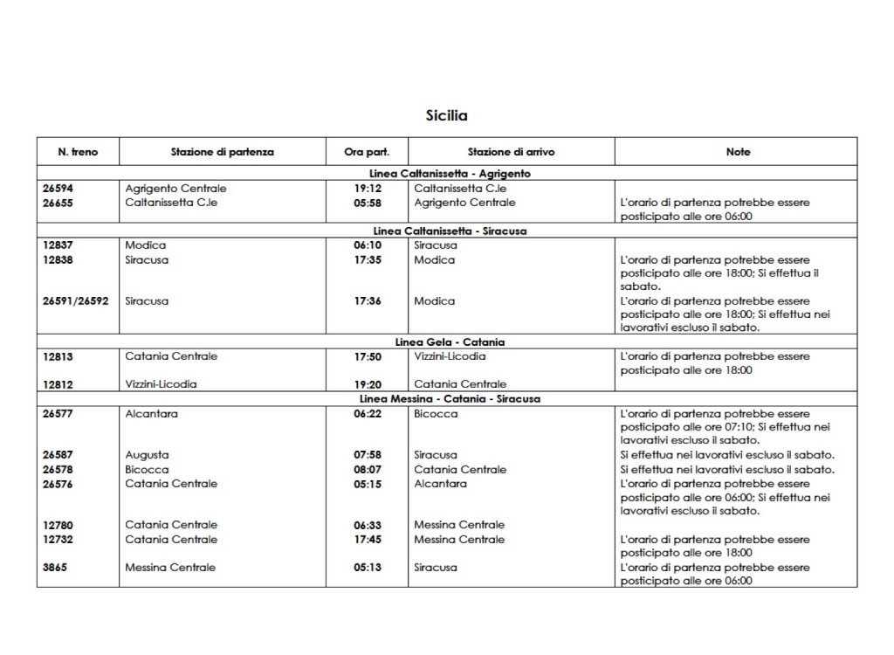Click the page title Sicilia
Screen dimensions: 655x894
(446, 115)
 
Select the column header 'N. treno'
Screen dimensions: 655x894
(78, 152)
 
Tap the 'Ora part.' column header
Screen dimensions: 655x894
(368, 152)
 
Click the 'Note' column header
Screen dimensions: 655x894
(738, 152)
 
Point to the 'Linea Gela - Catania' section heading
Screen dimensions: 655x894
(450, 342)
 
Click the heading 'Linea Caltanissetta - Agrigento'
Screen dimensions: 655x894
(450, 174)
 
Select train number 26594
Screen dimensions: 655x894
(58, 189)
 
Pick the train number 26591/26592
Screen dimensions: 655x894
(75, 301)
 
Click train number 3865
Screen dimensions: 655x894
(54, 568)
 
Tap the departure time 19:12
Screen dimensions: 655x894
(368, 189)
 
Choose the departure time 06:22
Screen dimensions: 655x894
(368, 414)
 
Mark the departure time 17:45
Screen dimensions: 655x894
(368, 540)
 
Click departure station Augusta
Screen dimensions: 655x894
(147, 455)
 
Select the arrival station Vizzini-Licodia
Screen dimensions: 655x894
(450, 356)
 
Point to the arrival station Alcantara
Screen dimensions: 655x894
(440, 484)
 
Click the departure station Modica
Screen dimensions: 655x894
(145, 245)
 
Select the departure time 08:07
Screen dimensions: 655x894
(368, 470)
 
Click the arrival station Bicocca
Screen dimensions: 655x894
(436, 414)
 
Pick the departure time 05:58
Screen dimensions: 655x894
(368, 203)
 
